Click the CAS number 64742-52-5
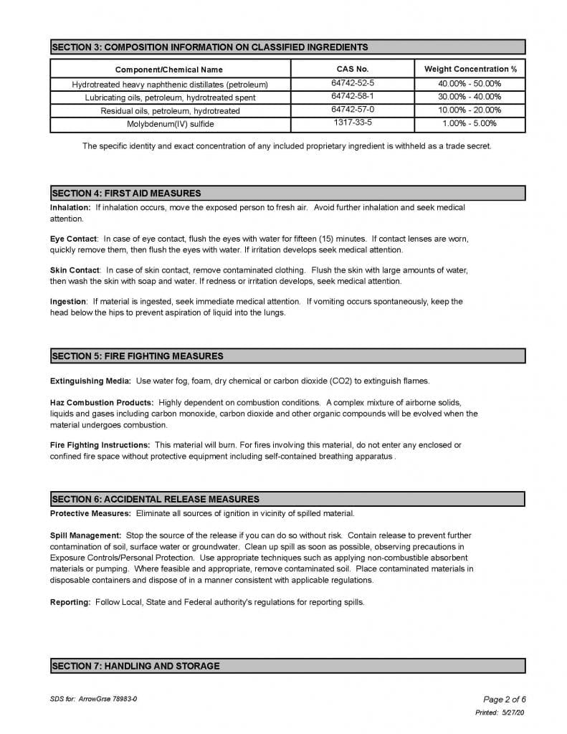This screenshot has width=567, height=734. pos(353,84)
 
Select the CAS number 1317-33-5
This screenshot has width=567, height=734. pos(353,123)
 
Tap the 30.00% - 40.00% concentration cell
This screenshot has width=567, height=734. pos(470,97)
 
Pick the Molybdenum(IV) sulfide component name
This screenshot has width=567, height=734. pos(171,124)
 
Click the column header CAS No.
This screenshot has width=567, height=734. pos(353,69)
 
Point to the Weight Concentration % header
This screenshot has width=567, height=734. pos(470,69)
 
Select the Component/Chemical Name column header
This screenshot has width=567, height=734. pos(169,70)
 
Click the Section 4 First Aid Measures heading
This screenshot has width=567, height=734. pos(126,193)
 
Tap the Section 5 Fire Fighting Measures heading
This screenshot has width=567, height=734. pos(137,356)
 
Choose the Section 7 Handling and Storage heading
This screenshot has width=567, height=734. pos(135,666)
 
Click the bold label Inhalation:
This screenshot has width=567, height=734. pos(70,207)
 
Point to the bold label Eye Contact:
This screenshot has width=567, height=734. pos(75,239)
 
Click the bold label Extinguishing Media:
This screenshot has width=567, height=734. pos(90,381)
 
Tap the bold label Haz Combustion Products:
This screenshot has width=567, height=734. pos(101,402)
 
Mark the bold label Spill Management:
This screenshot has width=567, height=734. pos(85,535)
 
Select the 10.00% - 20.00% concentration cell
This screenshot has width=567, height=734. pos(470,110)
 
